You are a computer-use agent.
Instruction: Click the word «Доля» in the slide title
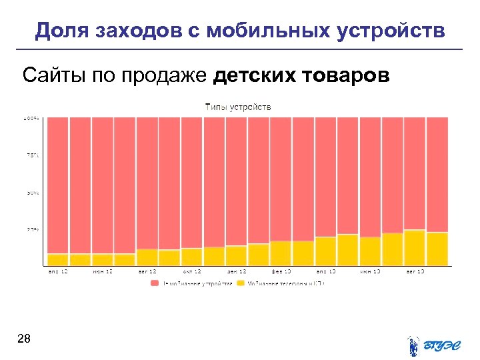(63, 31)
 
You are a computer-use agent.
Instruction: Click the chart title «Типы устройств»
(238, 107)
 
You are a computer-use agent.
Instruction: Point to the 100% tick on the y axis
(33, 119)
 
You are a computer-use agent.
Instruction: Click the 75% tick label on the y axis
(33, 155)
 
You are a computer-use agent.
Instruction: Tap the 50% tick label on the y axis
(33, 193)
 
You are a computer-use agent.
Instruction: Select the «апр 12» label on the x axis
(58, 271)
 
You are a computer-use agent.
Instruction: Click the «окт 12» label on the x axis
(192, 271)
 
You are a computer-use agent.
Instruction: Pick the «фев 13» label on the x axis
(281, 271)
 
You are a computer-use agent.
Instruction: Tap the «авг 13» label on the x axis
(415, 271)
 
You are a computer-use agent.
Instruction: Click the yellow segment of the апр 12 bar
(58, 259)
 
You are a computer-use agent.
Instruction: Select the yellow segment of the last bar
(437, 249)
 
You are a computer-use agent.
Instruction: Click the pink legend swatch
(155, 283)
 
